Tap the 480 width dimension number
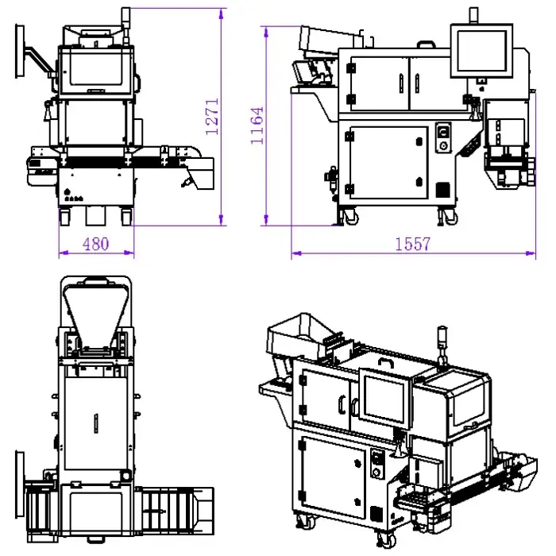click(x=95, y=244)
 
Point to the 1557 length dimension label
click(x=413, y=245)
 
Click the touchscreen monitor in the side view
click(x=481, y=51)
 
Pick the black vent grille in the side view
click(x=442, y=191)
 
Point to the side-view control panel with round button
click(x=443, y=139)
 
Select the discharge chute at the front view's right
click(x=203, y=168)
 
